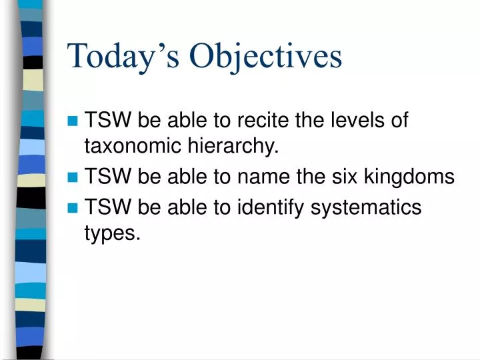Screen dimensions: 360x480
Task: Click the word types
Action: [x=112, y=234]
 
